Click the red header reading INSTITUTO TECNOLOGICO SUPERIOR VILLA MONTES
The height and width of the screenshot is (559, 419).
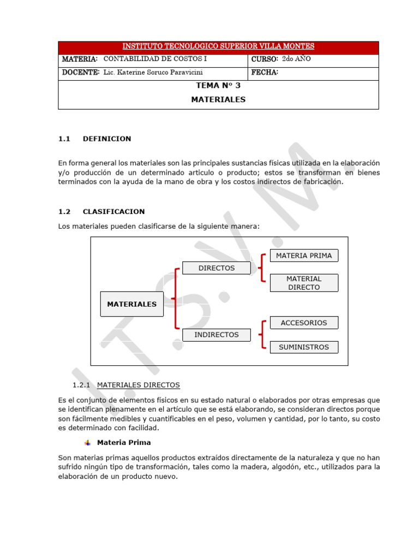pyautogui.click(x=218, y=47)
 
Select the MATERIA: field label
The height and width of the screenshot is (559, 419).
pyautogui.click(x=80, y=59)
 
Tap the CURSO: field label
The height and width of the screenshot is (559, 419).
pyautogui.click(x=265, y=59)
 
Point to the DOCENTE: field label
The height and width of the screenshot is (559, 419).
pyautogui.click(x=81, y=73)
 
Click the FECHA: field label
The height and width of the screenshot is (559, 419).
pyautogui.click(x=265, y=73)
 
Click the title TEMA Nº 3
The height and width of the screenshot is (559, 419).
pyautogui.click(x=218, y=86)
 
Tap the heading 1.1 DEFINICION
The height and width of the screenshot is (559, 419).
pyautogui.click(x=95, y=139)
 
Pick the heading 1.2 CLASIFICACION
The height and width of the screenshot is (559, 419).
pyautogui.click(x=101, y=212)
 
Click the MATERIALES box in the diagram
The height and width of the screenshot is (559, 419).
pyautogui.click(x=131, y=305)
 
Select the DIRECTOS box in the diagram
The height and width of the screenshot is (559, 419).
pyautogui.click(x=216, y=268)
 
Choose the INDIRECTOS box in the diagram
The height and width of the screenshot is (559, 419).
pyautogui.click(x=216, y=335)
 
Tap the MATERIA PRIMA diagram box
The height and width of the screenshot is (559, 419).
pyautogui.click(x=304, y=255)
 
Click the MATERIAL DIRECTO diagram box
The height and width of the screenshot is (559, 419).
pyautogui.click(x=304, y=283)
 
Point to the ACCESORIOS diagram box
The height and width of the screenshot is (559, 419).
pyautogui.click(x=304, y=323)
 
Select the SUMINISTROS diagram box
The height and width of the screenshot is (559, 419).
pyautogui.click(x=304, y=347)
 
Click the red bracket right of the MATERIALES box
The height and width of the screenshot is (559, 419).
pyautogui.click(x=175, y=299)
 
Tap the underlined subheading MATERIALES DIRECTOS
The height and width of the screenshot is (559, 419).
pyautogui.click(x=138, y=385)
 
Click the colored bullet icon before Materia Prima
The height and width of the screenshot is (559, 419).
pyautogui.click(x=88, y=443)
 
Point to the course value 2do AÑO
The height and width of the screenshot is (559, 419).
pyautogui.click(x=297, y=59)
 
